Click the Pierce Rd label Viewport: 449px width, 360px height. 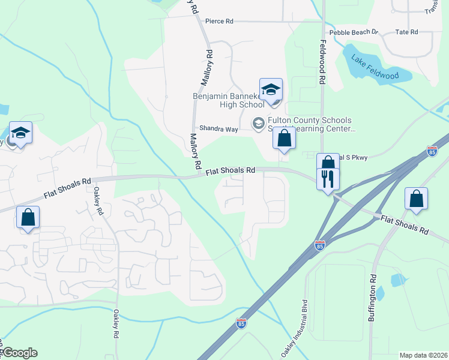219,21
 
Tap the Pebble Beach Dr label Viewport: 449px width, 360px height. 354,32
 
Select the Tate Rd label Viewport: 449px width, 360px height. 406,32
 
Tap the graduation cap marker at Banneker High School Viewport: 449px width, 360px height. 271,89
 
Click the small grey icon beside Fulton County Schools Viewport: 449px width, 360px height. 259,123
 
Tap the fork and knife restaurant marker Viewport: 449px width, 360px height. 328,179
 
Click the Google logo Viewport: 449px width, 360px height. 19,353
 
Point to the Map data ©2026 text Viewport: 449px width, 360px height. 423,355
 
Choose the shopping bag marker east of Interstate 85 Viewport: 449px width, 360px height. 416,199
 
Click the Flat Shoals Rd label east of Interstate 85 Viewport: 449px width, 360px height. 405,225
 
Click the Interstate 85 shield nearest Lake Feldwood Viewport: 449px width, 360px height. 432,152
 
